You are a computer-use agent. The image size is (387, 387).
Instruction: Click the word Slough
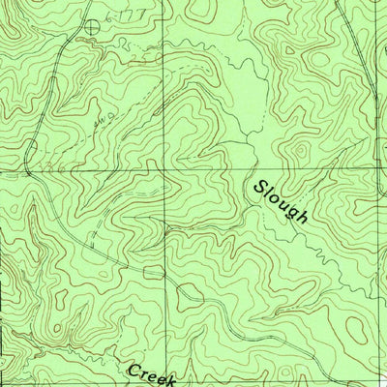(282, 201)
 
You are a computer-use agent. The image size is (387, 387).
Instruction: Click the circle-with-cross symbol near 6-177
(92, 27)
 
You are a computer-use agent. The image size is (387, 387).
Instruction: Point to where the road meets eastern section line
(375, 97)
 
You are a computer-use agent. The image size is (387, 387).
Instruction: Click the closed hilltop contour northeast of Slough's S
(301, 150)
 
